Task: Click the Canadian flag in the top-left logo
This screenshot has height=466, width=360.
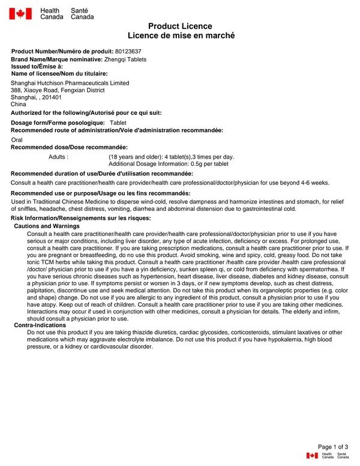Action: pyautogui.click(x=20, y=13)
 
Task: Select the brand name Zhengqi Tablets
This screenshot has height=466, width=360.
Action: pyautogui.click(x=125, y=59)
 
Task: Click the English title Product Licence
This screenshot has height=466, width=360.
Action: pyautogui.click(x=180, y=26)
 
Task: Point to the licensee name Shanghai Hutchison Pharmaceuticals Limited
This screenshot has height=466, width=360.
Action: pyautogui.click(x=70, y=83)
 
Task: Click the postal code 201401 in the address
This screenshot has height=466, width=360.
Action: pyautogui.click(x=52, y=97)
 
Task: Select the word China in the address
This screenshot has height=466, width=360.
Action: pyautogui.click(x=19, y=104)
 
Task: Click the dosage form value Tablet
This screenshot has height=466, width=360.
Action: pyautogui.click(x=118, y=123)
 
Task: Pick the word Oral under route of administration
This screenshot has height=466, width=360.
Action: pyautogui.click(x=17, y=139)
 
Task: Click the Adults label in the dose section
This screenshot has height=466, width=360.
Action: pyautogui.click(x=58, y=157)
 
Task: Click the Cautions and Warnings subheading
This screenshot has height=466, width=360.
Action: pyautogui.click(x=47, y=226)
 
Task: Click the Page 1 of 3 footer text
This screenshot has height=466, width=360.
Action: pyautogui.click(x=332, y=447)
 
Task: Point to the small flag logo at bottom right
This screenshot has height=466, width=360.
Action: pyautogui.click(x=312, y=456)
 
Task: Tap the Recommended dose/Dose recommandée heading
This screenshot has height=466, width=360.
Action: pyautogui.click(x=69, y=147)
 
